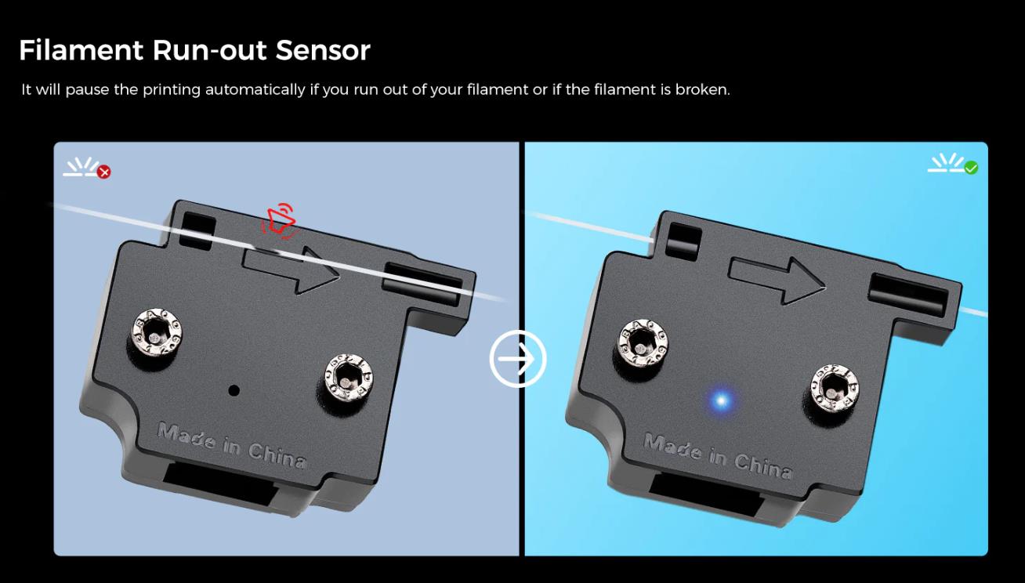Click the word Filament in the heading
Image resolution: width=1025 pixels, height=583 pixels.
(81, 50)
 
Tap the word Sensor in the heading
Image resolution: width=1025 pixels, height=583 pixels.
(323, 50)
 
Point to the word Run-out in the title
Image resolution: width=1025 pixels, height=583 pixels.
(209, 50)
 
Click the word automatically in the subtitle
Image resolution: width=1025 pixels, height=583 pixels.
(255, 89)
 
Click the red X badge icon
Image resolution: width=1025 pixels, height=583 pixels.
(104, 172)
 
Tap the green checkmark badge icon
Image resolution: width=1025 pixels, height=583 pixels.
(971, 168)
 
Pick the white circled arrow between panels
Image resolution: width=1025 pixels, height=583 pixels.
(517, 359)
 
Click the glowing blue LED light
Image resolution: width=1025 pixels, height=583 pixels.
(721, 401)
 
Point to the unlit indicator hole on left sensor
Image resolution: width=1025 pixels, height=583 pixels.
(234, 390)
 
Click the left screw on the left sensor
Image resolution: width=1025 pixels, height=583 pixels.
(156, 332)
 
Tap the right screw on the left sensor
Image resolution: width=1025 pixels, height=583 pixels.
(349, 377)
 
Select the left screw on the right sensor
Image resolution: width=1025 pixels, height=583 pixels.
(643, 343)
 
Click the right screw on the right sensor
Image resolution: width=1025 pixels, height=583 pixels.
(835, 388)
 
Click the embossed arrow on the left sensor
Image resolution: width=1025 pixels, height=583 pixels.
(290, 270)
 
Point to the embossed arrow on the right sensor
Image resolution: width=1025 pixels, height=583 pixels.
(777, 281)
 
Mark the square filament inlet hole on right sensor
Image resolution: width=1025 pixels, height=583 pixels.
(684, 241)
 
